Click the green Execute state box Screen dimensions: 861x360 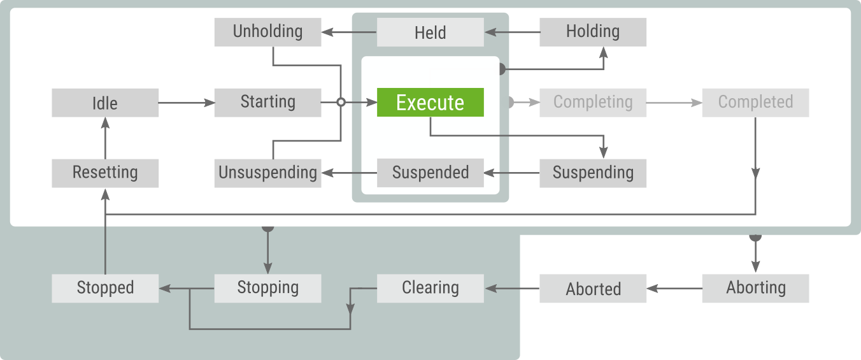pos(430,103)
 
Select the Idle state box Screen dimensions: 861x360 pos(105,103)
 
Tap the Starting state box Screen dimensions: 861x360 pos(267,103)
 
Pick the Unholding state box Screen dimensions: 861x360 pos(267,32)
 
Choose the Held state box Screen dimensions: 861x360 pos(430,32)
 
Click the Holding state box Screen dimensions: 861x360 pos(593,32)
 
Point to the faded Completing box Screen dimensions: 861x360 pos(593,103)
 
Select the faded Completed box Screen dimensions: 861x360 pos(755,103)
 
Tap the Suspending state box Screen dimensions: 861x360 pos(593,173)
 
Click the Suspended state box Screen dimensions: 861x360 pos(430,173)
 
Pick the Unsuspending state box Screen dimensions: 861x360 pos(267,173)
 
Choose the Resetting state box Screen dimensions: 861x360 pos(105,173)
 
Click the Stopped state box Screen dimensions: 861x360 pos(105,288)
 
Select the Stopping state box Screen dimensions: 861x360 pos(267,288)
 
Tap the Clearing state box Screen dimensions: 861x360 pos(430,288)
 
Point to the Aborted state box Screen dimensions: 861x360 pos(593,288)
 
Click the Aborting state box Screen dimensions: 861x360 pos(755,288)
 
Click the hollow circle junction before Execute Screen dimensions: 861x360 pos(341,103)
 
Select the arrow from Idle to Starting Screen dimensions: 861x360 pos(187,103)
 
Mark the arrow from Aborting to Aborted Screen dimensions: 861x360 pos(674,288)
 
